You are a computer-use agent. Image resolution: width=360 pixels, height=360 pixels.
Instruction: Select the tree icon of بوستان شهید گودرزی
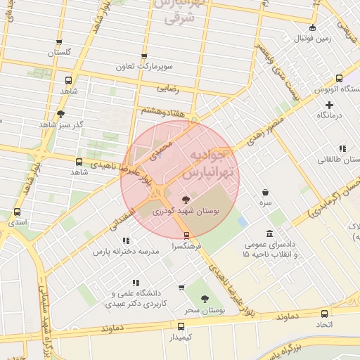[186, 199]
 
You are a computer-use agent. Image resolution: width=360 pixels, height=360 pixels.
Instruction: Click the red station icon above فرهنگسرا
[186, 236]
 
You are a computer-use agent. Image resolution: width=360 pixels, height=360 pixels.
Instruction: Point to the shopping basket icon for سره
[265, 192]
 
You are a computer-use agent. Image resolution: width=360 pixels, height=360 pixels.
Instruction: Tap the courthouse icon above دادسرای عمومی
[269, 233]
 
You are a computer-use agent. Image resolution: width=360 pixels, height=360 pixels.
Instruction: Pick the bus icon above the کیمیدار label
[181, 326]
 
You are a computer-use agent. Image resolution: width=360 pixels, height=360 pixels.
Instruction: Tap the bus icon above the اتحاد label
[324, 314]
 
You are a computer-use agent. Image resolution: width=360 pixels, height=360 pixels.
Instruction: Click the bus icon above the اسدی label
[17, 212]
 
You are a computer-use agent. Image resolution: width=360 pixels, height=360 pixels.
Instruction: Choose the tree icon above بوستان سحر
[205, 299]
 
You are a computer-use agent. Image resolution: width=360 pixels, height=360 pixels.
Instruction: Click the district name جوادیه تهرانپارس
[211, 162]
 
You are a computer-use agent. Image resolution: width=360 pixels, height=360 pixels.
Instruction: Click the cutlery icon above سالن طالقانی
[342, 149]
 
